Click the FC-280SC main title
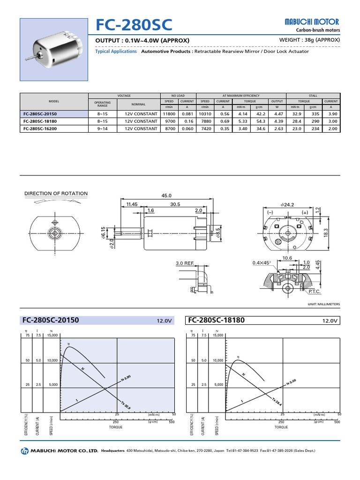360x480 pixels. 134,25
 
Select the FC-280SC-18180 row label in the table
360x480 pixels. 45,121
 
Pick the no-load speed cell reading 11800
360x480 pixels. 169,114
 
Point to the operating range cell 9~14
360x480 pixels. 102,128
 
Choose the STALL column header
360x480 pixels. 313,95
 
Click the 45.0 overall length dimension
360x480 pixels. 166,195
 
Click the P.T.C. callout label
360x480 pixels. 315,291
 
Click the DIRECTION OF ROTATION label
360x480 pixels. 56,193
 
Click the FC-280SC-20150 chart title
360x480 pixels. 51,321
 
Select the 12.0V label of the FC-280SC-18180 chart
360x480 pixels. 330,321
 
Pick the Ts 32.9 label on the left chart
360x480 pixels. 126,403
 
